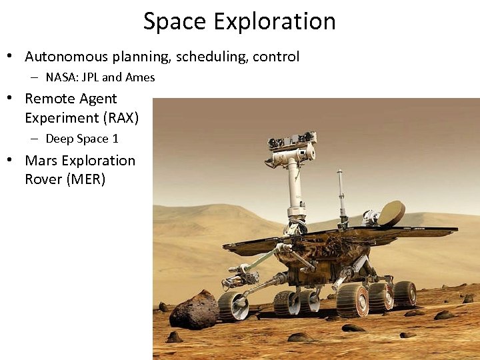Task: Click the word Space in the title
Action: [175, 21]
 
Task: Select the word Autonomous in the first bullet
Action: [65, 57]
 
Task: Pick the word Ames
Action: [140, 77]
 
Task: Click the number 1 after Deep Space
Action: [115, 139]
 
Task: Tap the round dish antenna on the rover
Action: [391, 213]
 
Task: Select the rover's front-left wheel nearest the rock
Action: [233, 305]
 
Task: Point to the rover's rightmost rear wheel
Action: [404, 294]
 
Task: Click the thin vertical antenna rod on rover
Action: [341, 193]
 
